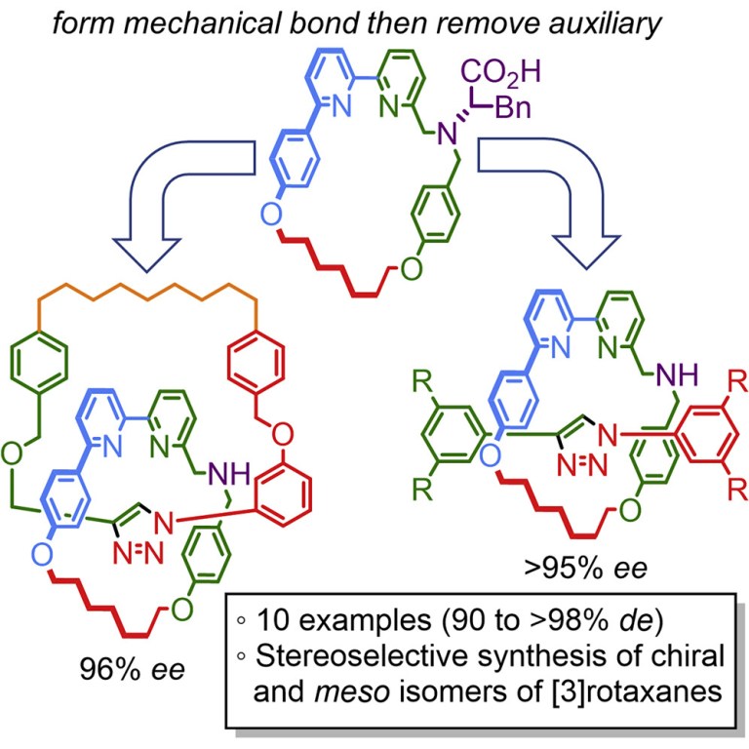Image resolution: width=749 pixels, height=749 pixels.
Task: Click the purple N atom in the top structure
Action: click(444, 134)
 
